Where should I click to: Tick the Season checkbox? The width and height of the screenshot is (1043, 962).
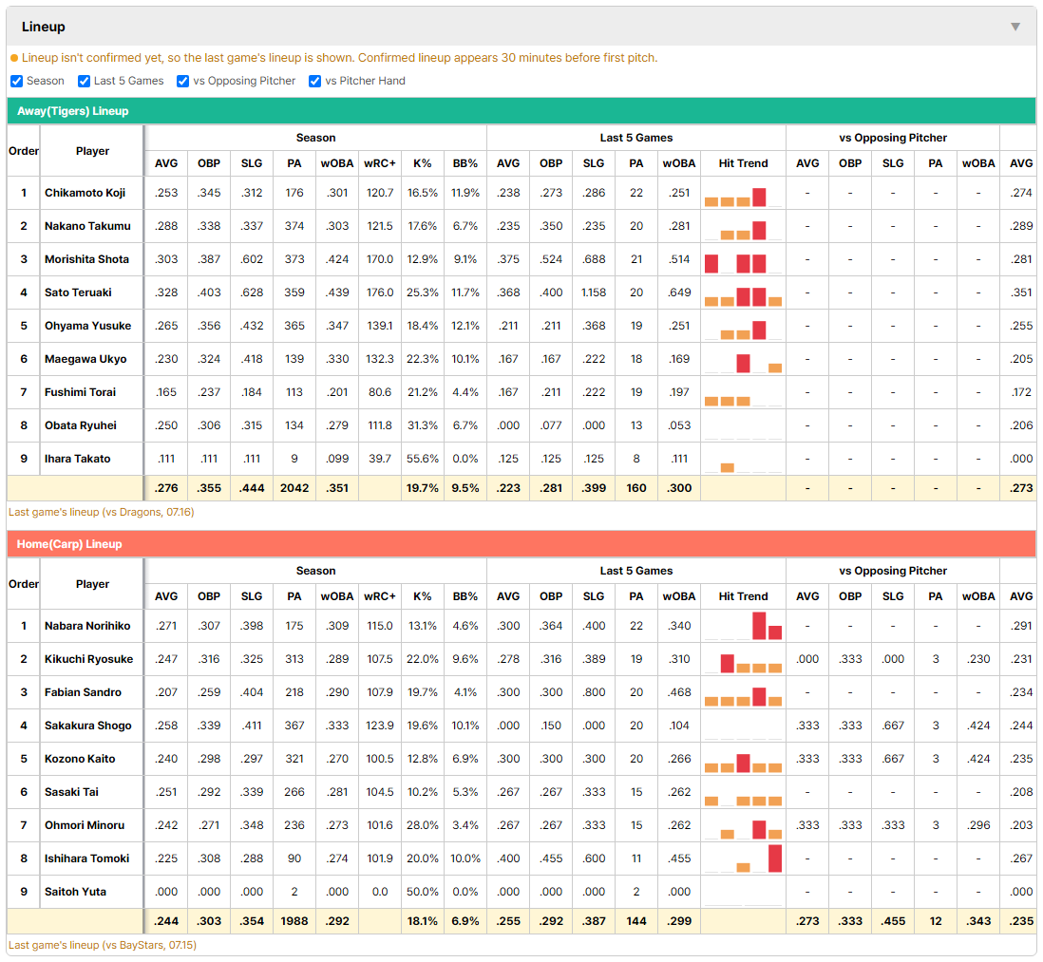17,81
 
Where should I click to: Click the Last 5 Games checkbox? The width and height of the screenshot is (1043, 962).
84,81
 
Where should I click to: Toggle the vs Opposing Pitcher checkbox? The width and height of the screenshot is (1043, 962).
183,81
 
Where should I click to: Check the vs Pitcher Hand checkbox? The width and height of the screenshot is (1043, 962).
314,81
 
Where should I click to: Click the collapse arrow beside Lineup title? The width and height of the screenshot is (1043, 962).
1015,27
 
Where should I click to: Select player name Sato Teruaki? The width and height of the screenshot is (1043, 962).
78,292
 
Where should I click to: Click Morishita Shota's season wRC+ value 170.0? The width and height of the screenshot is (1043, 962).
380,259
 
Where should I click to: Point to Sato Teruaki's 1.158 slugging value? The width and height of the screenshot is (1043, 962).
594,292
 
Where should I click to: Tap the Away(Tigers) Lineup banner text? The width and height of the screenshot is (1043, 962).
72,111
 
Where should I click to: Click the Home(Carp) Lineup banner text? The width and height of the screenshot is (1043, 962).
69,544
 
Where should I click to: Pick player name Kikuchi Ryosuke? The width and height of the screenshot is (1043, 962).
88,659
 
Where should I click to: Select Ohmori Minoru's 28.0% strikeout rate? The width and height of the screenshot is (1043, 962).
423,825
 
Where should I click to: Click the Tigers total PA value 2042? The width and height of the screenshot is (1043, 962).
294,488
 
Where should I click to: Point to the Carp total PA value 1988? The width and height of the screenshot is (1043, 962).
294,921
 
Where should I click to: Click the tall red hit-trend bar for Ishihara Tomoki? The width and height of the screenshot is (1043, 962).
775,858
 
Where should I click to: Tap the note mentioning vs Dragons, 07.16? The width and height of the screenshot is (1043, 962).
101,512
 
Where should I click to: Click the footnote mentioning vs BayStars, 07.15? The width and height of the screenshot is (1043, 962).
103,945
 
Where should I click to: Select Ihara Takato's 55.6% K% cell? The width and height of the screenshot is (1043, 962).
423,459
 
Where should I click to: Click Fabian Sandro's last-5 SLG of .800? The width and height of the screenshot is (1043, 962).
594,692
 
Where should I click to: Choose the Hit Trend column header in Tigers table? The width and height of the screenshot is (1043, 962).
743,163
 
